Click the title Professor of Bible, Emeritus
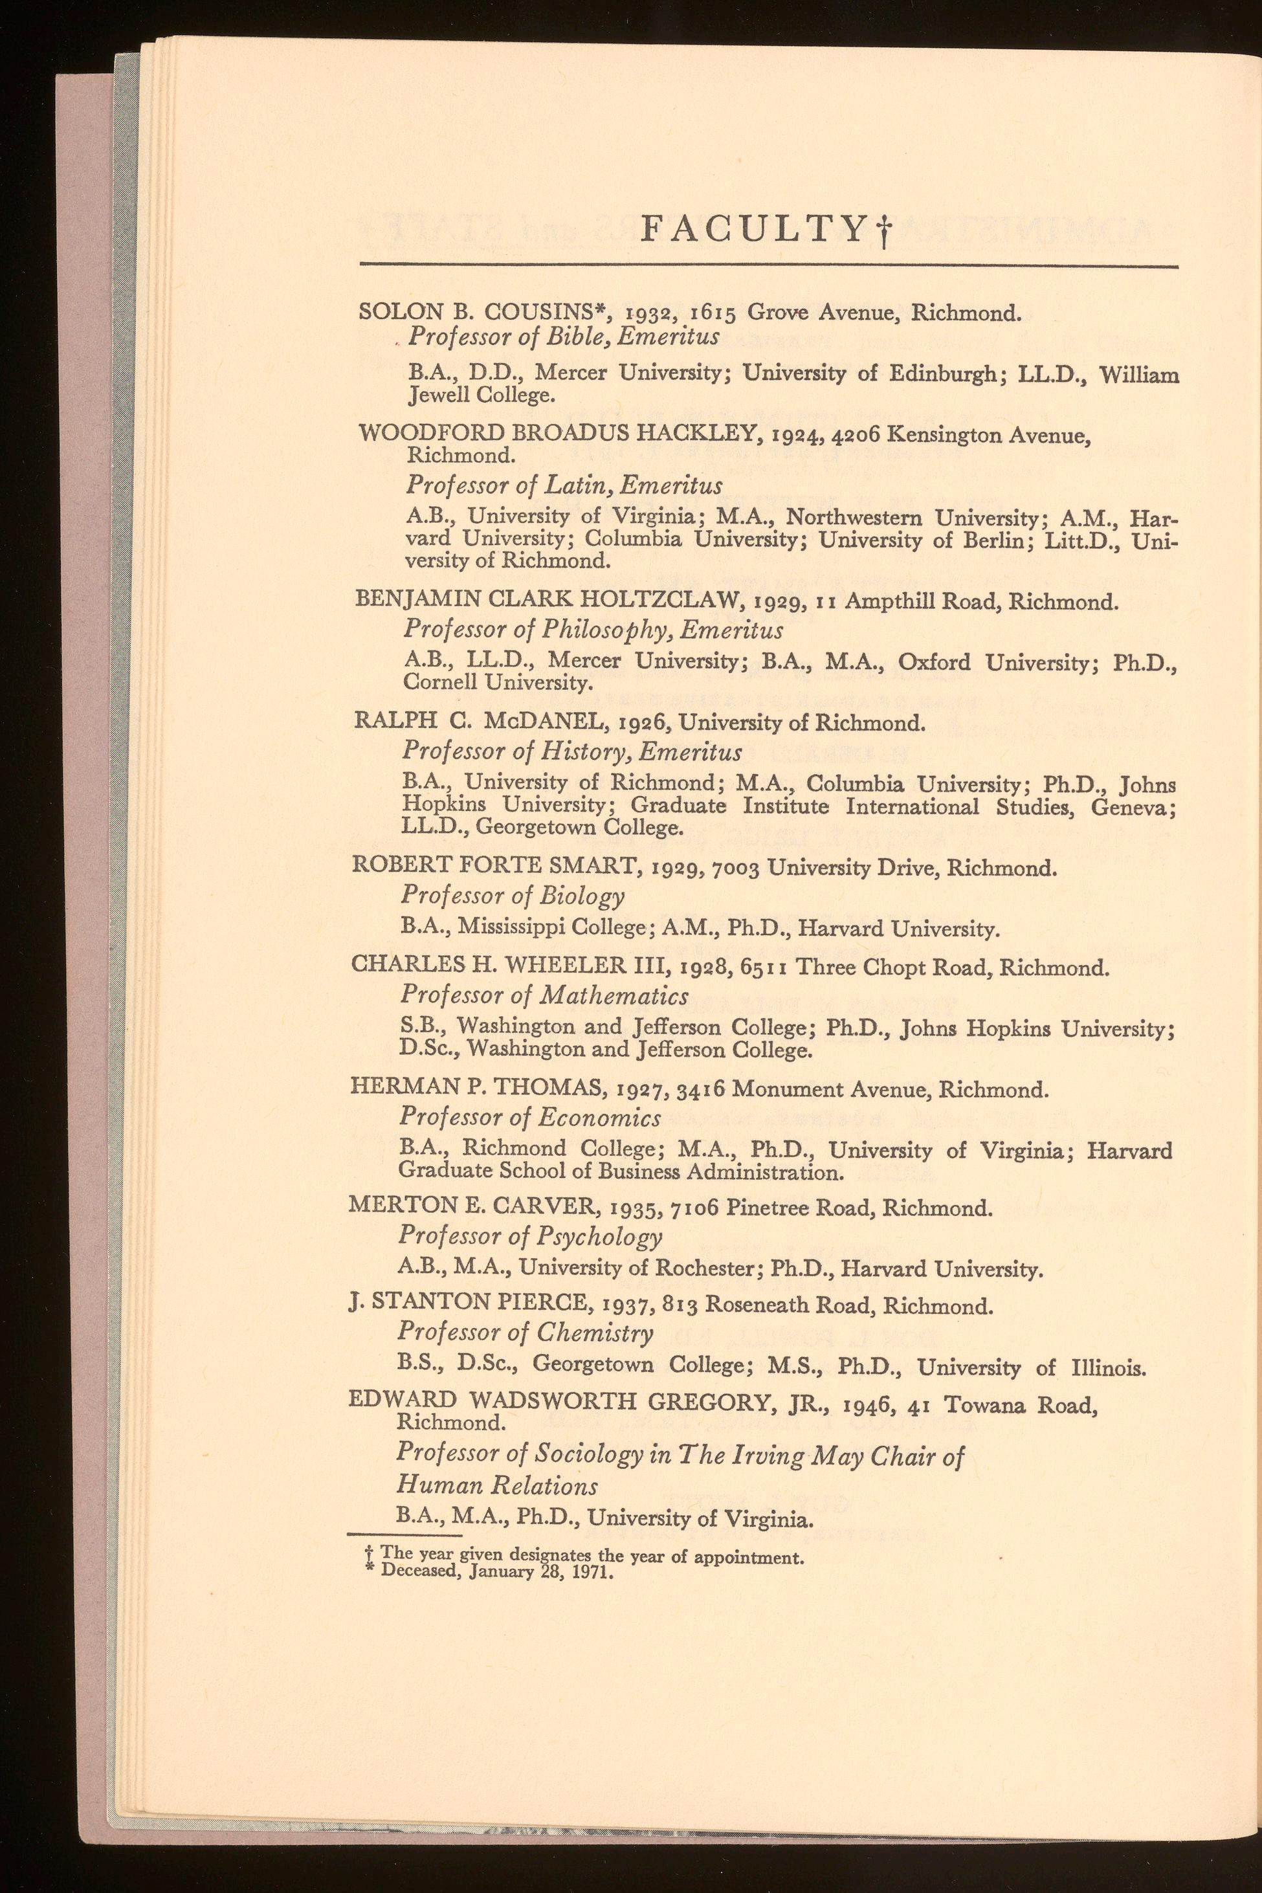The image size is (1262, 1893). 564,337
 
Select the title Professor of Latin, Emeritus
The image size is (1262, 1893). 564,485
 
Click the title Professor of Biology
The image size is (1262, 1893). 512,896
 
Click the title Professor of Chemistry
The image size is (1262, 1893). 525,1333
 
